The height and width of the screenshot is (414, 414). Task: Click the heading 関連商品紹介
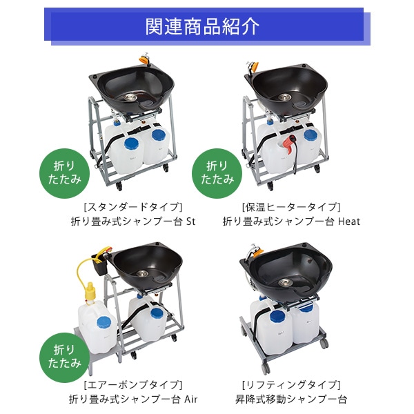(x=202, y=26)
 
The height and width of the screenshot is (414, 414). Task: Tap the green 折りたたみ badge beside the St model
(x=64, y=173)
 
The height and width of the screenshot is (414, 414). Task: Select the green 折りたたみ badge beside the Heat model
(x=217, y=173)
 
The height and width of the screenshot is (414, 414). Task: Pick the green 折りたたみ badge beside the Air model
(x=64, y=357)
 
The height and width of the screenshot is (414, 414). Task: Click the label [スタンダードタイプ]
(x=133, y=207)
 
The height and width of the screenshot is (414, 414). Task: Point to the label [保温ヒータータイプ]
(x=291, y=207)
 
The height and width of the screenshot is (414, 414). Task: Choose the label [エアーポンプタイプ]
(x=133, y=385)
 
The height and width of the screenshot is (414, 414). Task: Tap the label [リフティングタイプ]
(x=291, y=385)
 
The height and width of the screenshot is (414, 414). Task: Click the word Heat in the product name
(x=349, y=221)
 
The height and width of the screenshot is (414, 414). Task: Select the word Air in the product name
(x=190, y=400)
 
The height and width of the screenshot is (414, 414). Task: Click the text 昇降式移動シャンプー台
(x=291, y=400)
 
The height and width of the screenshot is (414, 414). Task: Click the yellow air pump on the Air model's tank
(x=90, y=292)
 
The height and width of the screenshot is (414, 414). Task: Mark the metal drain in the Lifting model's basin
(x=284, y=282)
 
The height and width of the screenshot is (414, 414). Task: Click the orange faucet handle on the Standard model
(x=144, y=59)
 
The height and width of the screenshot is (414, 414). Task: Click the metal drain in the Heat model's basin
(x=284, y=97)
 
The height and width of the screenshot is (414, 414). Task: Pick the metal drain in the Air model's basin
(x=142, y=273)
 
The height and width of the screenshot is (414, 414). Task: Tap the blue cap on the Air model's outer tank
(x=104, y=322)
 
